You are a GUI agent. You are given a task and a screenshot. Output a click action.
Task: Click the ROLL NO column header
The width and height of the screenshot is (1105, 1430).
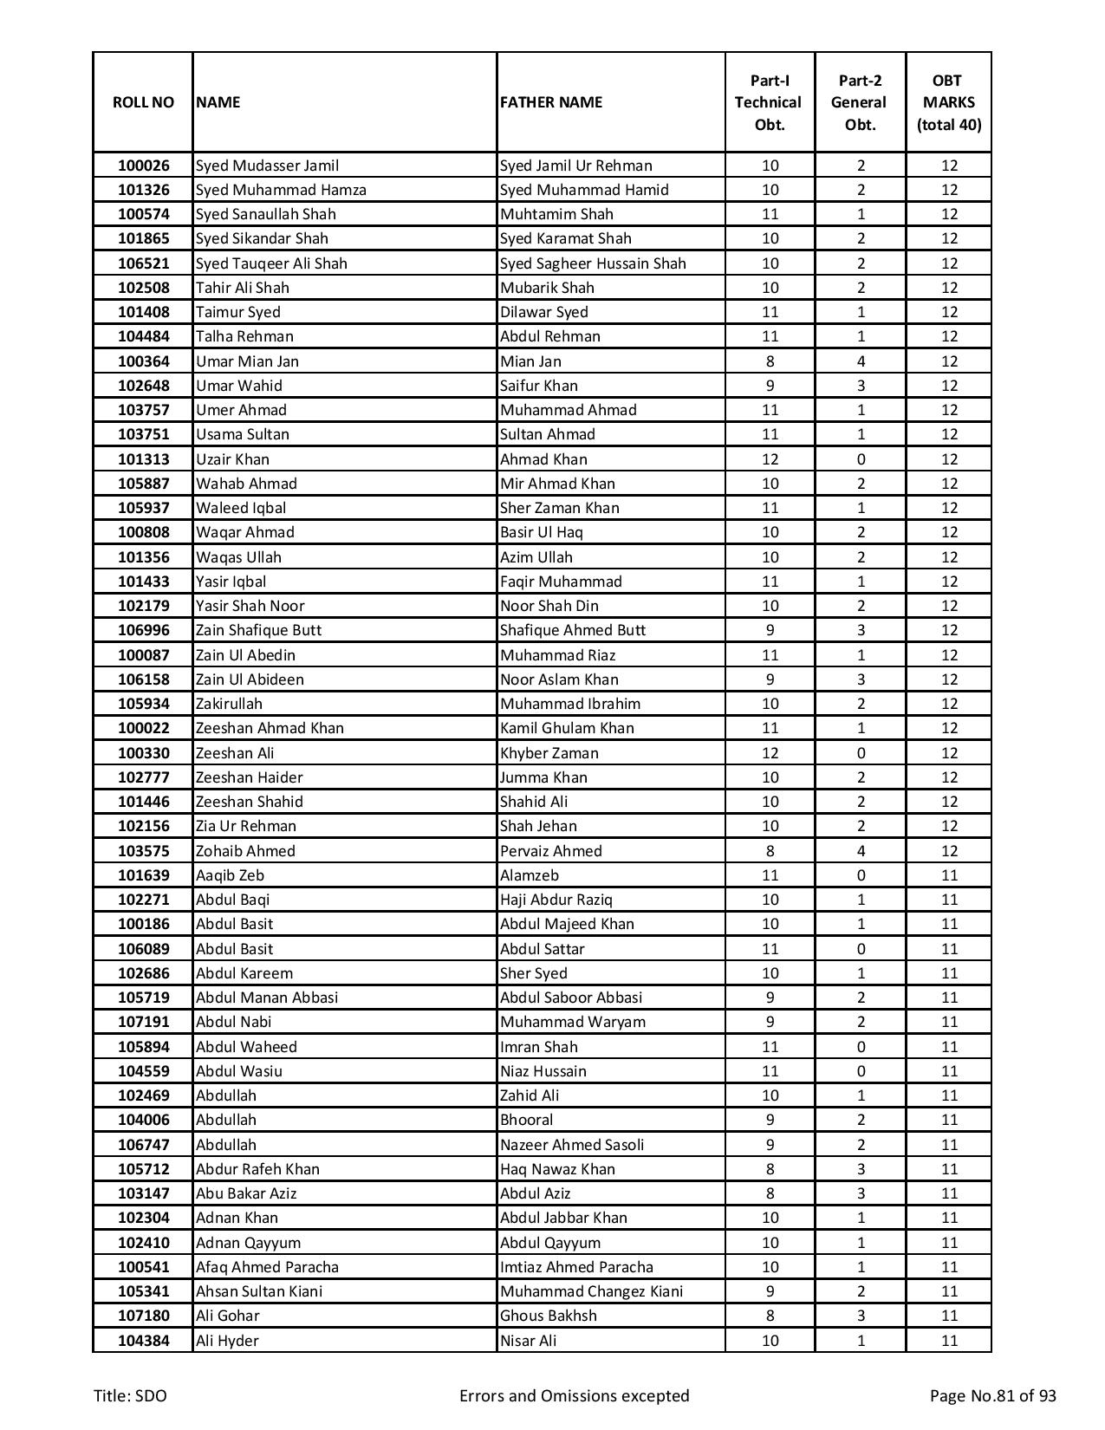pos(143,102)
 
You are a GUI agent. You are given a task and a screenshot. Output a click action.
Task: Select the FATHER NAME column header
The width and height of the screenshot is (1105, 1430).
pos(551,102)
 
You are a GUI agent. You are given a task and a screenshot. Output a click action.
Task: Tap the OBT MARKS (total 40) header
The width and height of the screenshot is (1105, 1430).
pos(948,102)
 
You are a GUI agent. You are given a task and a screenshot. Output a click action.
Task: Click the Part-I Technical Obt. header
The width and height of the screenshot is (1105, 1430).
pos(769,102)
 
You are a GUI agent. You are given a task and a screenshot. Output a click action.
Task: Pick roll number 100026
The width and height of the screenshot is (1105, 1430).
pos(143,166)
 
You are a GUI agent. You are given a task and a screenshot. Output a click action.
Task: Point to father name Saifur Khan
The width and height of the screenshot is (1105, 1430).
pos(539,386)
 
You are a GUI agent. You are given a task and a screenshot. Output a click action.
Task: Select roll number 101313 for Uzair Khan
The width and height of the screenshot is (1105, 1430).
pos(143,459)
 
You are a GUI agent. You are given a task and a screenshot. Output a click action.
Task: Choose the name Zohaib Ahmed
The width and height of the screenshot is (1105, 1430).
pos(245,851)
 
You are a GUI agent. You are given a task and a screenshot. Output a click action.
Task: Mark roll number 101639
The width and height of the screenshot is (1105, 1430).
pos(143,875)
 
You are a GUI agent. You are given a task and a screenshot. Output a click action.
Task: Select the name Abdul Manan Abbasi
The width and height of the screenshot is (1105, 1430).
pos(267,998)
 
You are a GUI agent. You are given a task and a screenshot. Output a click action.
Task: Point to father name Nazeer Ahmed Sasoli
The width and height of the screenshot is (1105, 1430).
pos(572,1145)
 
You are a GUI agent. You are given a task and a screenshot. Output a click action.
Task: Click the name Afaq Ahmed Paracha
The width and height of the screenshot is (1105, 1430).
pos(267,1267)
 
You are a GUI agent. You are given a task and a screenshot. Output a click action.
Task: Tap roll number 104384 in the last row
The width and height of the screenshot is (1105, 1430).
pos(143,1341)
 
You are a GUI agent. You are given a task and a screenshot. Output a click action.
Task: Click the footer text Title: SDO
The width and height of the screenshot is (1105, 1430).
pos(131,1395)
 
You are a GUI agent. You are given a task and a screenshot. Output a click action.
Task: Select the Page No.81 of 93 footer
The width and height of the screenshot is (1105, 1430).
pos(992,1395)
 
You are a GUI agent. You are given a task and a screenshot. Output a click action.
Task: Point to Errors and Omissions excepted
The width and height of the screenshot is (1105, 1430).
pos(574,1395)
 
